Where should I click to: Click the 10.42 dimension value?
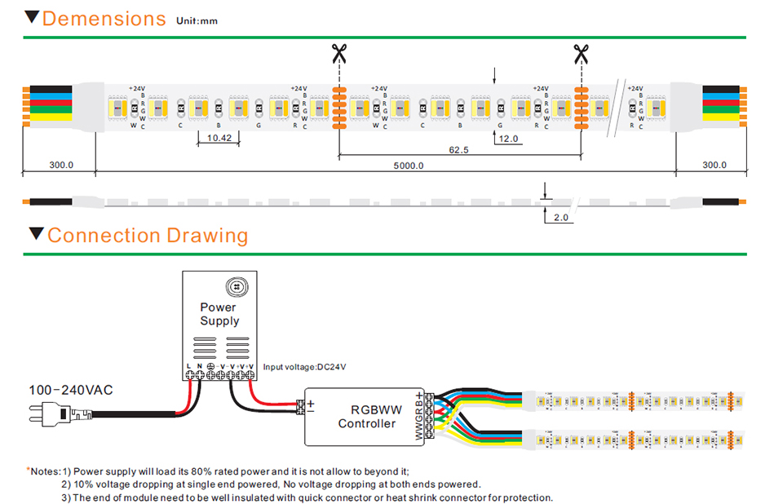pos(219,139)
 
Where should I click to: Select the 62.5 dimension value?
pos(458,149)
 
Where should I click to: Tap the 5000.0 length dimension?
pos(408,166)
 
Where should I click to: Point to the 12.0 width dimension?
pos(509,139)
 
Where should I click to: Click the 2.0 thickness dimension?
pos(560,218)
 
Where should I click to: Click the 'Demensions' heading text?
pos(104,19)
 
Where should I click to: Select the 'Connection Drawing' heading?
pos(148,236)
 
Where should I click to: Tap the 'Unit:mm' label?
pos(197,21)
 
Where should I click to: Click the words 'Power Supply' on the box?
pos(219,314)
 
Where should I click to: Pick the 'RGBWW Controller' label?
pos(367,417)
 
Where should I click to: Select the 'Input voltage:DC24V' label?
pos(304,367)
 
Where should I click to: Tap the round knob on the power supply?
pos(237,286)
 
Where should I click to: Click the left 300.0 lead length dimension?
pos(60,165)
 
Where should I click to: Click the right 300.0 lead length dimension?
pos(714,165)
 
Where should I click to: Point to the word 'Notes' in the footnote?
pos(46,471)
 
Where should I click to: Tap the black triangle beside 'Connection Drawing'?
pos(35,235)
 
